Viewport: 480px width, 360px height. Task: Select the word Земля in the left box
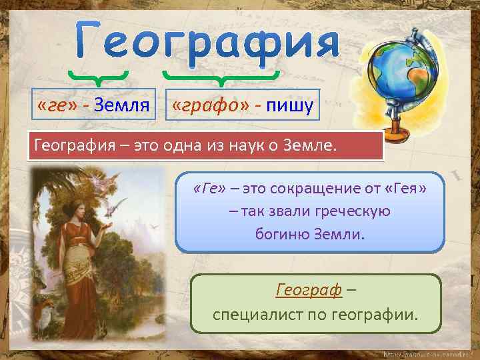(x=121, y=105)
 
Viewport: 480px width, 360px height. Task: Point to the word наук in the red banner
(x=261, y=145)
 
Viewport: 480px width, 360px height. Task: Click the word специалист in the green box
(x=255, y=313)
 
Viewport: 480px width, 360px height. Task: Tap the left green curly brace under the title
(x=98, y=76)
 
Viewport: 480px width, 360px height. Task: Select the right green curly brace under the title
(x=219, y=76)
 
